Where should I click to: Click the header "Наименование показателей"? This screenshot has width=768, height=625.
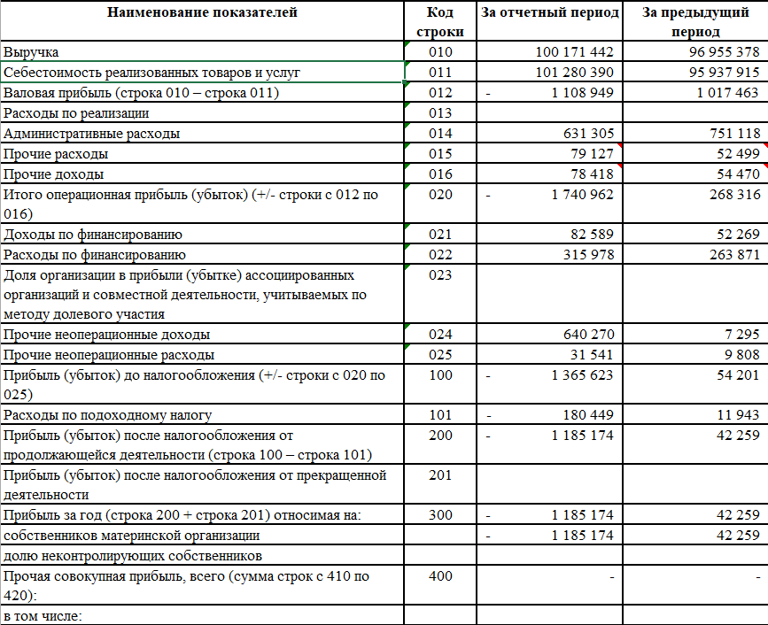coord(203,12)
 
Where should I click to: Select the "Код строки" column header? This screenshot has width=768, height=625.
coord(439,22)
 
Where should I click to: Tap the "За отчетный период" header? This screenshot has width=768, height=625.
coord(548,12)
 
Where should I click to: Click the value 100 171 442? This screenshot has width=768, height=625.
coord(574,52)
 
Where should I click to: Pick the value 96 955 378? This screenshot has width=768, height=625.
coord(724,52)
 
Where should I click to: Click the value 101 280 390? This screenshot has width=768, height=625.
coord(574,73)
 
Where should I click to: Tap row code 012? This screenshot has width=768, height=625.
coord(439,93)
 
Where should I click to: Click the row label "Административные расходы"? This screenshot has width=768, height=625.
coord(92,134)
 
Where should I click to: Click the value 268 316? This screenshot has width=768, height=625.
coord(731,195)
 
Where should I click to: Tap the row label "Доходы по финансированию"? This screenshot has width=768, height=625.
coord(93,235)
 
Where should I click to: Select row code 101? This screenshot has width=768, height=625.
coord(439,415)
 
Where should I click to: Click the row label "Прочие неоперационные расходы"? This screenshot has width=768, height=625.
coord(109,355)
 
